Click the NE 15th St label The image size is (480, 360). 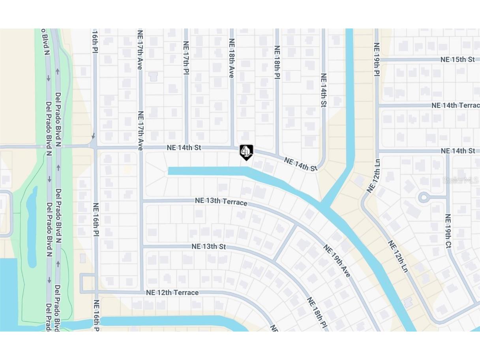[457, 60]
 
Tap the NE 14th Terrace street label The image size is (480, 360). [456, 105]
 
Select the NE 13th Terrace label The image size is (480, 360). [221, 201]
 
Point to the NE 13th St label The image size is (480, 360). [209, 247]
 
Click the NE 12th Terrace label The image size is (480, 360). [172, 292]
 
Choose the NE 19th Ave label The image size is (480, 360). [337, 261]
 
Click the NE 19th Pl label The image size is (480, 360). [376, 59]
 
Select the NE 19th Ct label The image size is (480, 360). [448, 231]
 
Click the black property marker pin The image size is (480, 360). [246, 152]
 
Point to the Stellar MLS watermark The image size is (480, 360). [461, 180]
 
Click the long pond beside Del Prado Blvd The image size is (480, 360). [32, 227]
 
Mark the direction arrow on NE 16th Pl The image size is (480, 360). [94, 136]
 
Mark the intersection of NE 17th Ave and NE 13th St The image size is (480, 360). [142, 247]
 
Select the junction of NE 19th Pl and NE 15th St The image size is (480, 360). [377, 60]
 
